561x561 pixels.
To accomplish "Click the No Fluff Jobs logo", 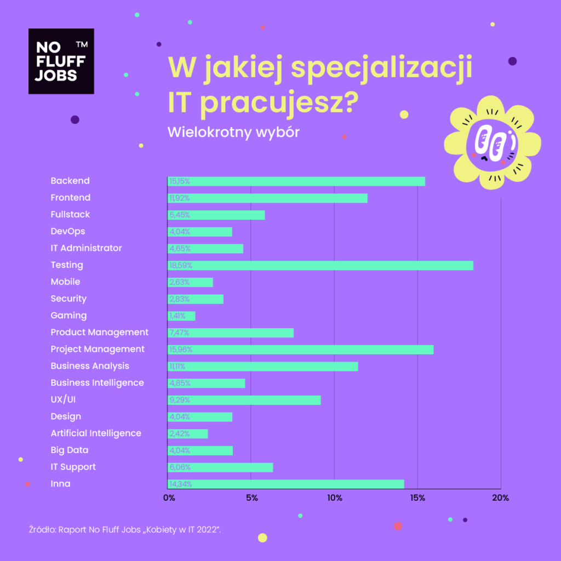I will pyautogui.click(x=61, y=61).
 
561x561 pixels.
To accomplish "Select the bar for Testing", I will pyautogui.click(x=320, y=266).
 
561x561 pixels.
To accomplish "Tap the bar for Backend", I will pyautogui.click(x=296, y=181).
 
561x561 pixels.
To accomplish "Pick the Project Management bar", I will pyautogui.click(x=300, y=350).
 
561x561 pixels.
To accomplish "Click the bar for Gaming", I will pyautogui.click(x=181, y=316).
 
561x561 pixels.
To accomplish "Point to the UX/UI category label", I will pyautogui.click(x=63, y=399).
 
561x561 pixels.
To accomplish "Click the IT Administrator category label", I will pyautogui.click(x=86, y=248).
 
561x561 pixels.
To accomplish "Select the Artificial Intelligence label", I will pyautogui.click(x=96, y=433).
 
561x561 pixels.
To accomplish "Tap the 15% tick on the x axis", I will pyautogui.click(x=417, y=498).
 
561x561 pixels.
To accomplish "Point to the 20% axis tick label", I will pyautogui.click(x=500, y=498).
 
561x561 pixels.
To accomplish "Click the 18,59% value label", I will pyautogui.click(x=181, y=266).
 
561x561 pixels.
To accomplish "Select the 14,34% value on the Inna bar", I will pyautogui.click(x=181, y=484).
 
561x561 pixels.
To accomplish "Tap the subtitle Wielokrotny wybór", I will pyautogui.click(x=233, y=133).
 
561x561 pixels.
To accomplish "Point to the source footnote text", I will pyautogui.click(x=124, y=530).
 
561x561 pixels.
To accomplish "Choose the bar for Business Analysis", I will pyautogui.click(x=262, y=367).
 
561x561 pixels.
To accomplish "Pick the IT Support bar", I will pyautogui.click(x=220, y=467).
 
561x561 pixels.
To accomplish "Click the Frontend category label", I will pyautogui.click(x=70, y=198).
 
